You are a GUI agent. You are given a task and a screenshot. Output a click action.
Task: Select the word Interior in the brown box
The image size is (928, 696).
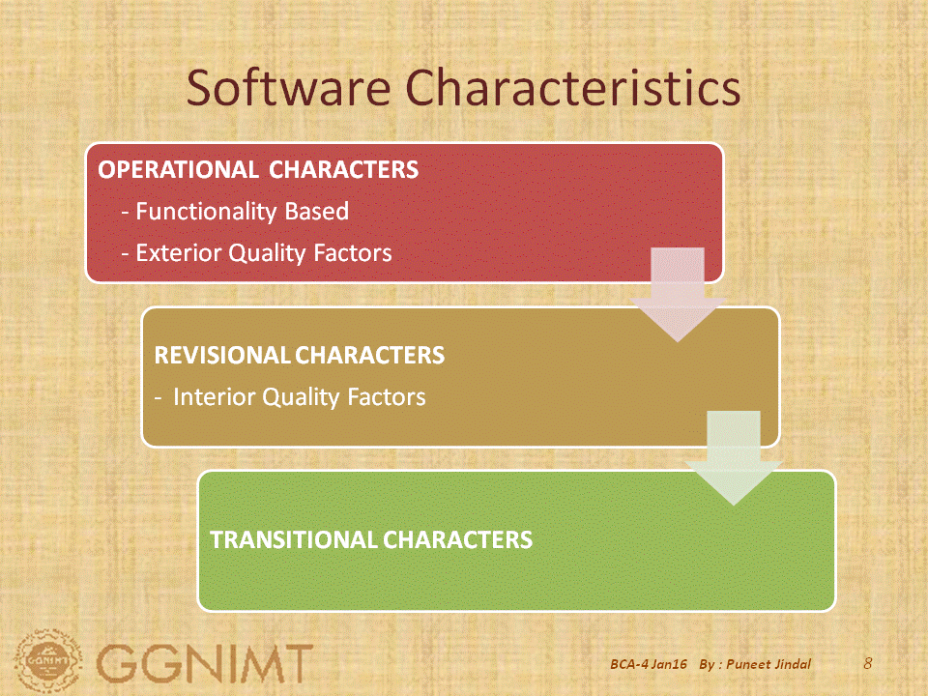[212, 396]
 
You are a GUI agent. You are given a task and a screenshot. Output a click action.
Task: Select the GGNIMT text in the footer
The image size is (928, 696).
[205, 664]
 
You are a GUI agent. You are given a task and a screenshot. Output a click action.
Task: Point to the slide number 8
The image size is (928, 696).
[867, 663]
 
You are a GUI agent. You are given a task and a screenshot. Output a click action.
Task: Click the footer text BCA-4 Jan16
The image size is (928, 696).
[649, 665]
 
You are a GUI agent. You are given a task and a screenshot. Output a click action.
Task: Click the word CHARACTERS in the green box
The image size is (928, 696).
[457, 538]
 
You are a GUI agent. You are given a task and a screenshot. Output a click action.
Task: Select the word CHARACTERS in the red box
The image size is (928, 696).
[344, 169]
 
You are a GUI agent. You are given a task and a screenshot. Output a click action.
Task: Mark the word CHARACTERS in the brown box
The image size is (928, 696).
[369, 355]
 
